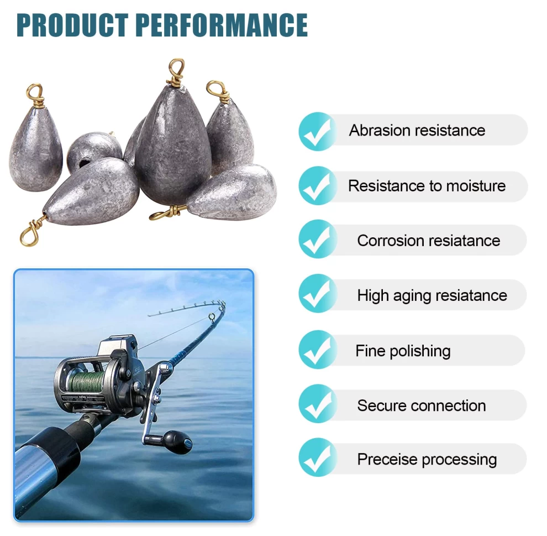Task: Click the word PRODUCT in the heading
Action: pyautogui.click(x=72, y=25)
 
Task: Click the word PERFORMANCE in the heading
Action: pyautogui.click(x=222, y=25)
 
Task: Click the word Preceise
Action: pyautogui.click(x=387, y=460)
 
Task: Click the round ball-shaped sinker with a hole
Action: pyautogui.click(x=93, y=151)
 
